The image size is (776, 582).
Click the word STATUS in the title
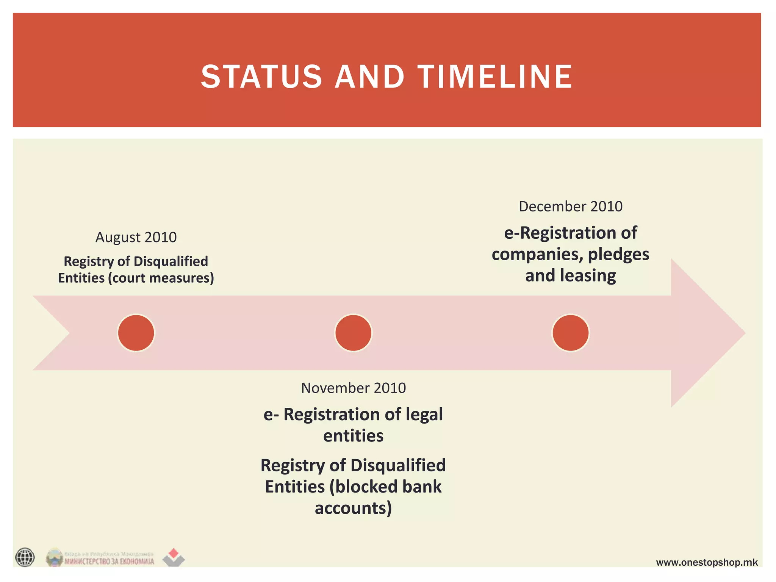coord(261,77)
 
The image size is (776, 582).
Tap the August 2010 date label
coord(136,237)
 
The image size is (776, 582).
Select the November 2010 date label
coord(353,388)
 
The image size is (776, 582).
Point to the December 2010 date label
coord(570,207)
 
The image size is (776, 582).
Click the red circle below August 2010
coord(136,333)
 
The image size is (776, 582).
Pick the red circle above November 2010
coord(353,333)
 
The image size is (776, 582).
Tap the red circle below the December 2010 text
coord(570,333)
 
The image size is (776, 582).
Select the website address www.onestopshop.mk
coord(707,562)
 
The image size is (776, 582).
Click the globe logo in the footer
coord(25,557)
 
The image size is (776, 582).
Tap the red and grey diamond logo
coord(174,557)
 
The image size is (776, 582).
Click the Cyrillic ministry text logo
coord(109,561)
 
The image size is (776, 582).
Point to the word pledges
coord(618,255)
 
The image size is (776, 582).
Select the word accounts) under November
coord(353,508)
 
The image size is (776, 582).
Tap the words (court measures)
coord(161,278)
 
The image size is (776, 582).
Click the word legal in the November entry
coord(424,415)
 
